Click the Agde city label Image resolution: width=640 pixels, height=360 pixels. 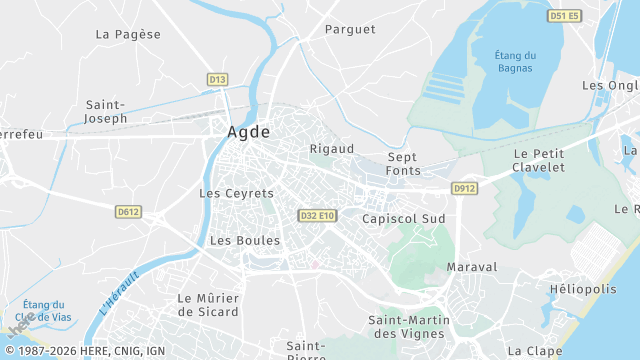(x=249, y=132)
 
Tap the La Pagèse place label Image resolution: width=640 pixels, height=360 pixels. (x=128, y=34)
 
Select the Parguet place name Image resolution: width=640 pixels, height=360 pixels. (x=349, y=30)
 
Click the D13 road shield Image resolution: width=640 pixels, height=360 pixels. (x=218, y=79)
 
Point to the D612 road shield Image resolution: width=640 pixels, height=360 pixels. (x=128, y=212)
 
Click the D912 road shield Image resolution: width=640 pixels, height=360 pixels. (x=464, y=188)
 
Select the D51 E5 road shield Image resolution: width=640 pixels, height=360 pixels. (x=564, y=16)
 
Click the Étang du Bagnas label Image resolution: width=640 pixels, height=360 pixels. (x=516, y=62)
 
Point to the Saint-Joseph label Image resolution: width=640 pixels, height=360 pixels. (x=106, y=111)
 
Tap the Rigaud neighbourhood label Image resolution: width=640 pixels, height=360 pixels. (x=332, y=149)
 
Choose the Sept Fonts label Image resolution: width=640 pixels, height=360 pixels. (x=404, y=164)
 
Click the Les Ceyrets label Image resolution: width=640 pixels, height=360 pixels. (x=236, y=193)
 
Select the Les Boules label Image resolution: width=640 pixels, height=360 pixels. (x=245, y=241)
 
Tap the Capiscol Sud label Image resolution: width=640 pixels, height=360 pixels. (x=403, y=218)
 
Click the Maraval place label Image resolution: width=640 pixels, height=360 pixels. (x=472, y=268)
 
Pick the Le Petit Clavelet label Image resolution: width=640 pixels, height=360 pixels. (x=538, y=160)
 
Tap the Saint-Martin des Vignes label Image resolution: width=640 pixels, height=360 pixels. (x=410, y=326)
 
